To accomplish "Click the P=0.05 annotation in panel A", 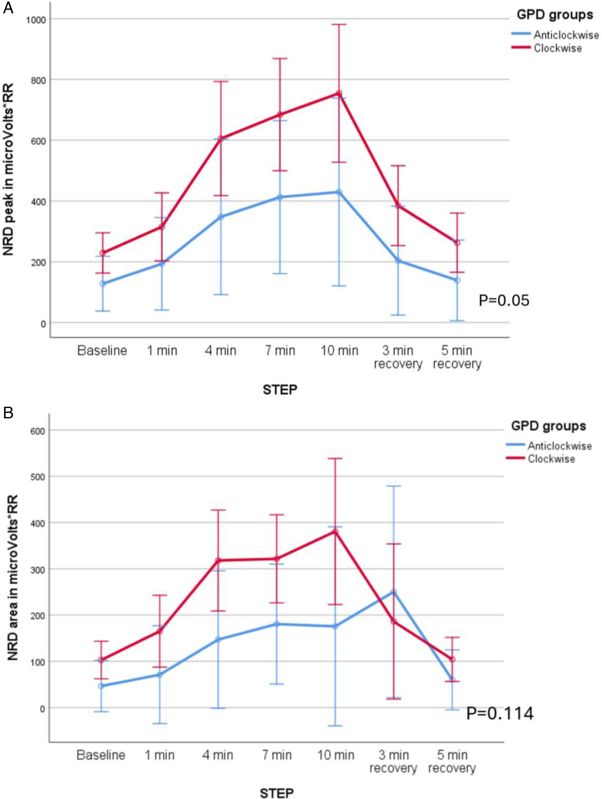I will pyautogui.click(x=503, y=300).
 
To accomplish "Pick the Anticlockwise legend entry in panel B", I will pyautogui.click(x=559, y=446).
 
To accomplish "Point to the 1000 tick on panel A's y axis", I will pyautogui.click(x=36, y=20).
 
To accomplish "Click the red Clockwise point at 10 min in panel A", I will pyautogui.click(x=339, y=94).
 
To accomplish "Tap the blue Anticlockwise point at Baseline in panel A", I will pyautogui.click(x=103, y=284).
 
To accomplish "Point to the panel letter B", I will pyautogui.click(x=8, y=412).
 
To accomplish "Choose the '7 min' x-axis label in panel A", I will pyautogui.click(x=280, y=350).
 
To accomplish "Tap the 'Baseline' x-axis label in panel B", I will pyautogui.click(x=101, y=755).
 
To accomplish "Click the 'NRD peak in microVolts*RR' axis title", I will pyautogui.click(x=9, y=170).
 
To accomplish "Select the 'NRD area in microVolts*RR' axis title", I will pyautogui.click(x=13, y=577).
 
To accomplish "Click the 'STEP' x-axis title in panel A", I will pyautogui.click(x=280, y=389).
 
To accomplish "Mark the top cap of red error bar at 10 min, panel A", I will pyautogui.click(x=339, y=24).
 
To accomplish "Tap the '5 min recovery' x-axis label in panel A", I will pyautogui.click(x=457, y=357).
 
